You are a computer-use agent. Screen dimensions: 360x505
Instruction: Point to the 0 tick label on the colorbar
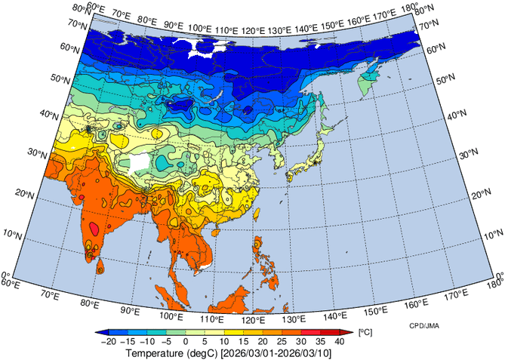pos(186,342)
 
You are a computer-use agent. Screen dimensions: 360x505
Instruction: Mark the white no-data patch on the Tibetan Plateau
pos(140,162)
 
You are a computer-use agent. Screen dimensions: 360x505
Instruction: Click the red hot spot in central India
pos(94,227)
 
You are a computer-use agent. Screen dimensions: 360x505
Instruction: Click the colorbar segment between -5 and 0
pos(175,332)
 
